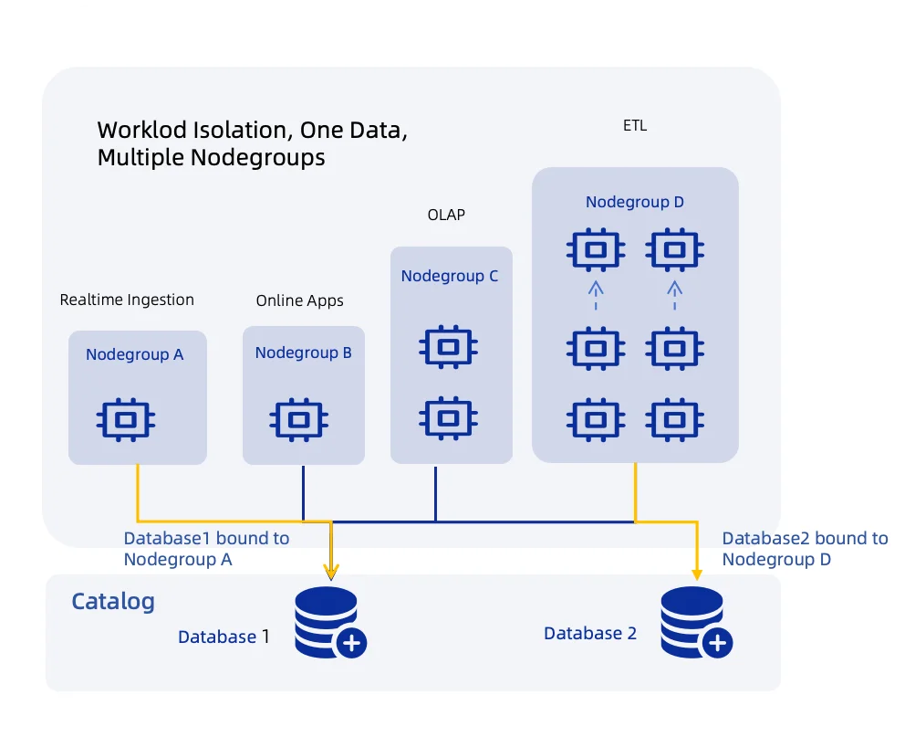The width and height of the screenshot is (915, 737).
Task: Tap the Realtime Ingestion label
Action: (127, 300)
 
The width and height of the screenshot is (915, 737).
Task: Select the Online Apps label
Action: (299, 300)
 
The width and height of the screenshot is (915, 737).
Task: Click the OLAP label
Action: (446, 215)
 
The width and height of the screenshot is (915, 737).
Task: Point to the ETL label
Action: (635, 126)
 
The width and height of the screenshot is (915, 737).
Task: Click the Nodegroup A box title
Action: (135, 354)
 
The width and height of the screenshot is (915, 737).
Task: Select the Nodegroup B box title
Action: (303, 353)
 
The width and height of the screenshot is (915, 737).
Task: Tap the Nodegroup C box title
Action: (450, 276)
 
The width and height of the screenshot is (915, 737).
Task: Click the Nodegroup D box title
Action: (635, 202)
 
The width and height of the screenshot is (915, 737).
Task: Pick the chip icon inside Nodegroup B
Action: (297, 419)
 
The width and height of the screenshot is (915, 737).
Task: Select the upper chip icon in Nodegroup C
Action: (447, 347)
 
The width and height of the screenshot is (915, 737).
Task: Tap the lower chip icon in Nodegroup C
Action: (447, 417)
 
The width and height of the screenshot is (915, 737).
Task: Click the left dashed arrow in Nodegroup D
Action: (596, 296)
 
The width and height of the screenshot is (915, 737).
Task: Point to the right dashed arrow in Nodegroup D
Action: (674, 296)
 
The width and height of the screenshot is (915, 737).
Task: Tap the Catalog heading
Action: (113, 602)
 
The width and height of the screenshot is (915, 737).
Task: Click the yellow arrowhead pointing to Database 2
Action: (697, 574)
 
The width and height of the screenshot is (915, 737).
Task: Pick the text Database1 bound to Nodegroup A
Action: (206, 549)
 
